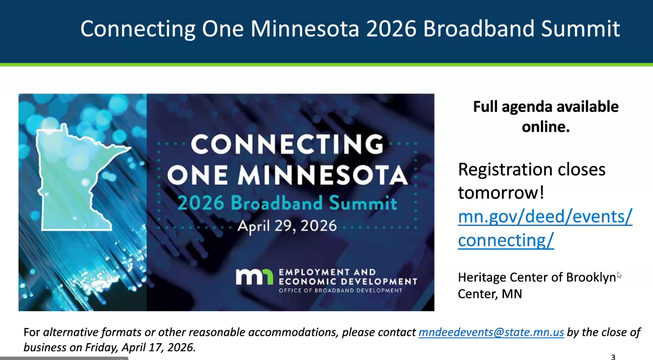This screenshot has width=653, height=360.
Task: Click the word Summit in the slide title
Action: point(581,29)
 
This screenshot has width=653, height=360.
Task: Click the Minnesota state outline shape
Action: point(73,181)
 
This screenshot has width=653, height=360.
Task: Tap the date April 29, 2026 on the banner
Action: point(287,226)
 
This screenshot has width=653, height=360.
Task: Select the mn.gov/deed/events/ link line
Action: point(545,217)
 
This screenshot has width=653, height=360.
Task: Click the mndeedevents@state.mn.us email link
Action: point(491,332)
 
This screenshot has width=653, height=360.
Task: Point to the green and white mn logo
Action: point(254,277)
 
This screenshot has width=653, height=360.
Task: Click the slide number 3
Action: point(613,357)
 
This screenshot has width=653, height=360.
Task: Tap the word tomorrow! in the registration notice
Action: point(501,193)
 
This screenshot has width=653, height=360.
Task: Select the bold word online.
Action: point(546,127)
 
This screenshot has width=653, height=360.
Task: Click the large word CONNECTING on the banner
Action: point(287,144)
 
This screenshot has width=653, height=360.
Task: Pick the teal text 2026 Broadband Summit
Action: point(287,203)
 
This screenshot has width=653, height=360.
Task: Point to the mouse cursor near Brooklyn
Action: point(619,275)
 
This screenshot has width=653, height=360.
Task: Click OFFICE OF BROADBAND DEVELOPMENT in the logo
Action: point(340,291)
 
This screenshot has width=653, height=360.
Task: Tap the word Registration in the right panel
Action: point(505,170)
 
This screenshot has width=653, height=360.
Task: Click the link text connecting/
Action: point(506,240)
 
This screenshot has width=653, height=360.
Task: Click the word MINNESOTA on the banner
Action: point(323,176)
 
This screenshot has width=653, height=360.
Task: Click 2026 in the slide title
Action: point(391,29)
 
